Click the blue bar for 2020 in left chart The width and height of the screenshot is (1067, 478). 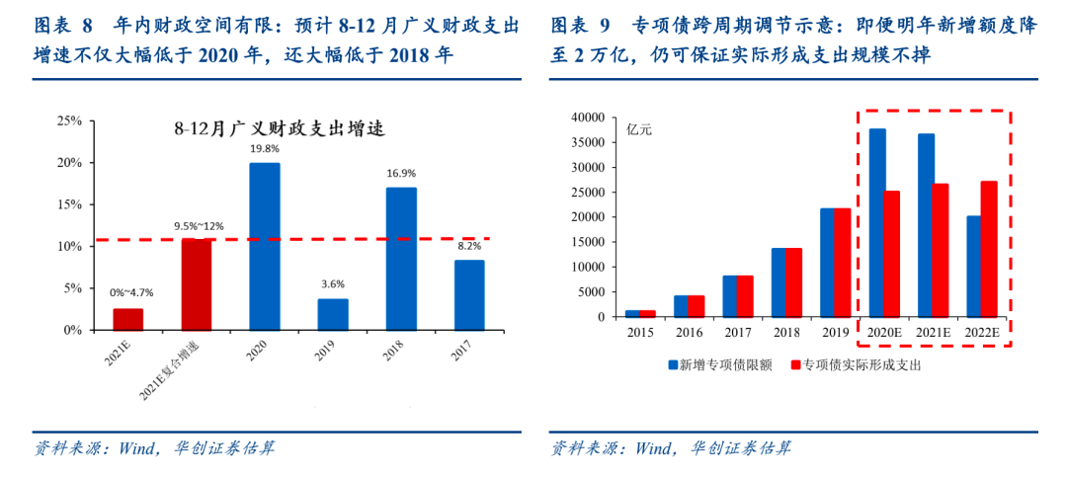(264, 246)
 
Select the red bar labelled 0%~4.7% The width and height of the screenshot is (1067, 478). (127, 319)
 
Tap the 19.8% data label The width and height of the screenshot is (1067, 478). (264, 149)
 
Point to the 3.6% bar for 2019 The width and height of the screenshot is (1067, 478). (333, 314)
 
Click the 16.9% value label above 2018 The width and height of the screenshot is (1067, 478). (401, 173)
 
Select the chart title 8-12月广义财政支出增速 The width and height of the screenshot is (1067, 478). (278, 128)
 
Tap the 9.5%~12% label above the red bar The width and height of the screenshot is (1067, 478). (197, 225)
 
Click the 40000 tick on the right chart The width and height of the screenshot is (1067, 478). (586, 117)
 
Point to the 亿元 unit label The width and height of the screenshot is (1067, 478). (640, 129)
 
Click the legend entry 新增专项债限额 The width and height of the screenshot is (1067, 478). (722, 365)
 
